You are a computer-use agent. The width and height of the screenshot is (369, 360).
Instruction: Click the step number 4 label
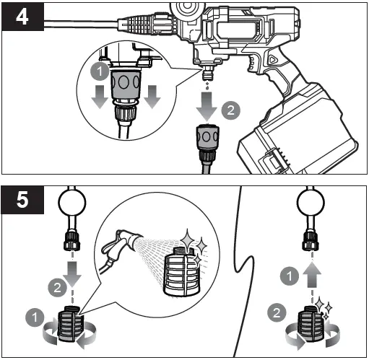coord(22,17)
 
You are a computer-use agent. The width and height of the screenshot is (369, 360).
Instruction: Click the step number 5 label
coord(22,200)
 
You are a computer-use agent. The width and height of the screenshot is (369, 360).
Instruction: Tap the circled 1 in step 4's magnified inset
coord(100,71)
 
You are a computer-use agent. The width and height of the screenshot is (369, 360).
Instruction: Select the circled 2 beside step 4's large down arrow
coord(230,110)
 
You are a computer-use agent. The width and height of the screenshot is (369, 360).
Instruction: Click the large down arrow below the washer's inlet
coord(207,106)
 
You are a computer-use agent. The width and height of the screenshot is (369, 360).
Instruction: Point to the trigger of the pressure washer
coord(252,63)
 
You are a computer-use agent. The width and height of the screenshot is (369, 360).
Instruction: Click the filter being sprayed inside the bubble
coord(183,272)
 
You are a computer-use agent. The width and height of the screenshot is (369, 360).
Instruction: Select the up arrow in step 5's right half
coord(312,274)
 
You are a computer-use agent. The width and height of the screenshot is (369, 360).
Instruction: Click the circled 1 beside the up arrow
coord(290,276)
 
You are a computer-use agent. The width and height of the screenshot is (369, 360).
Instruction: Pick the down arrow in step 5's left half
coord(72,274)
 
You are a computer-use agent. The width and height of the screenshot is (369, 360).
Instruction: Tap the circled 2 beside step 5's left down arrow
coord(57,288)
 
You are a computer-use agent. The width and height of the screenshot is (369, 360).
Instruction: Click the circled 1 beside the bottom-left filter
coord(35,317)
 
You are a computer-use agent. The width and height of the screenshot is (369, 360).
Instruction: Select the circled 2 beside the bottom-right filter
coord(277,312)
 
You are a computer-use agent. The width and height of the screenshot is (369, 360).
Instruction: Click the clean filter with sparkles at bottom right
coord(311,323)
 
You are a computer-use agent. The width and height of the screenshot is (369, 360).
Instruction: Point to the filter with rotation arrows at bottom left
coord(71,324)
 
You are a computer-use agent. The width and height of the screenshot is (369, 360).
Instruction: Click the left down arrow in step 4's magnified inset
coord(100,97)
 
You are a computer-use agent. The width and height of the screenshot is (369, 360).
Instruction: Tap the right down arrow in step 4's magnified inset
coord(152,97)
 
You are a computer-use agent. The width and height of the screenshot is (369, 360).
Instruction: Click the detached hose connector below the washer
coord(207,146)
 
